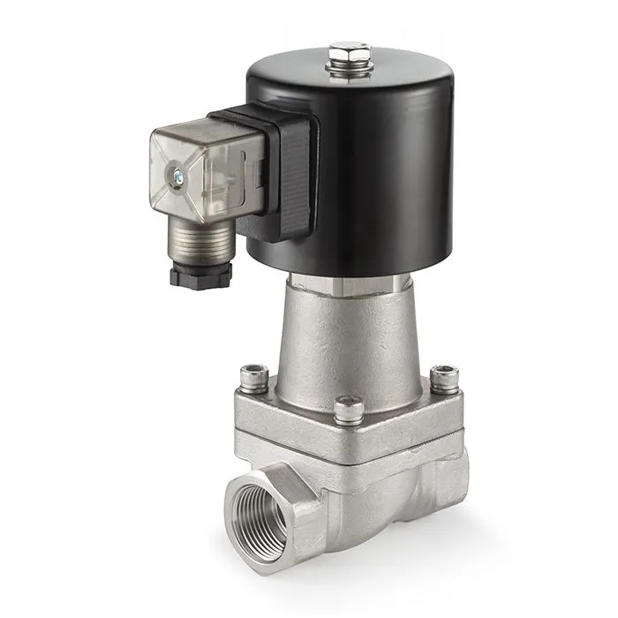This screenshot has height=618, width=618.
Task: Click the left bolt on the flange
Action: click(x=252, y=376)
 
